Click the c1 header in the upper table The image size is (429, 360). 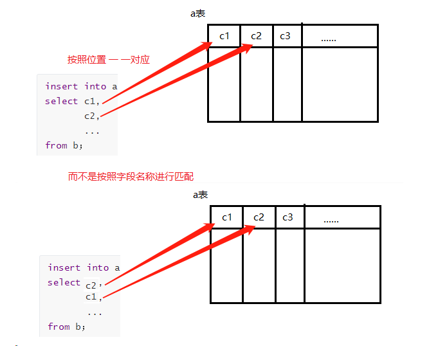point(224,36)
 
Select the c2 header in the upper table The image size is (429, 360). point(257,36)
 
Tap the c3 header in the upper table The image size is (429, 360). point(285,36)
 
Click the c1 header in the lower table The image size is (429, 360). point(227,217)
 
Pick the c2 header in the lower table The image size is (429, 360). point(259,217)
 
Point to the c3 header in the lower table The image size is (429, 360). point(288,217)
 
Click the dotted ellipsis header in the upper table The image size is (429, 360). point(329,39)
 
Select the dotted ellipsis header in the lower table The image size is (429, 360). point(331,221)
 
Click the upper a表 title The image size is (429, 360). point(198,14)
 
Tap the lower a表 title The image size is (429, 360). point(201,195)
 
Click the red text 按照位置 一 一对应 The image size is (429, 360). point(109,60)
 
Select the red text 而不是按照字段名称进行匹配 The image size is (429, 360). point(131,176)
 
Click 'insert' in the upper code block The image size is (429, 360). point(61,86)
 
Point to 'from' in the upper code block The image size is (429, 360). point(56,145)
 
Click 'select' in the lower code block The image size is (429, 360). point(64,282)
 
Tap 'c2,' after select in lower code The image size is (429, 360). point(94,283)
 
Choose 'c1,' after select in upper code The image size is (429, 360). point(91,101)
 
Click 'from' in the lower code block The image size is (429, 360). point(59,327)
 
